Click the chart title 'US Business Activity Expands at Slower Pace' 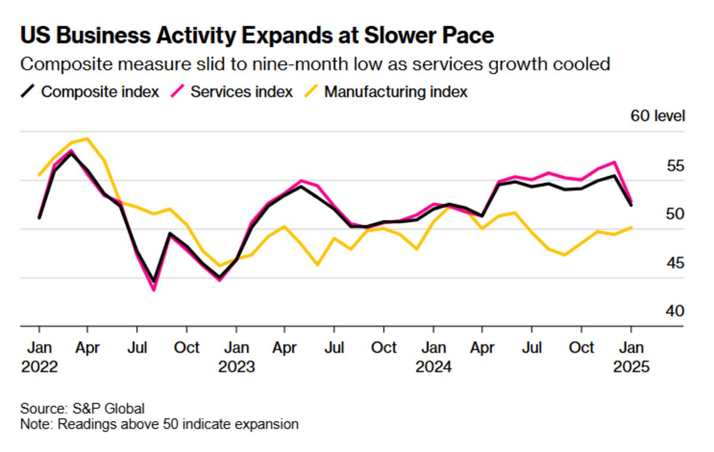pyautogui.click(x=257, y=36)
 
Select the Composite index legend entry pyautogui.click(x=90, y=92)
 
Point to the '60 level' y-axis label pyautogui.click(x=657, y=116)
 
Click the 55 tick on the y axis pyautogui.click(x=674, y=166)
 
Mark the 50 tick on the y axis pyautogui.click(x=674, y=214)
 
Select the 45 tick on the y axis pyautogui.click(x=674, y=263)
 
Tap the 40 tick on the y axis pyautogui.click(x=674, y=311)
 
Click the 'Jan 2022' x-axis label pyautogui.click(x=39, y=356)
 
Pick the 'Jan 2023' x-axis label pyautogui.click(x=236, y=356)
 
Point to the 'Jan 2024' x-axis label pyautogui.click(x=434, y=356)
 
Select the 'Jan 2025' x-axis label pyautogui.click(x=631, y=356)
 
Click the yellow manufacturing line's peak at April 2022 pyautogui.click(x=88, y=139)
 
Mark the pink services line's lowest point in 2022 pyautogui.click(x=154, y=290)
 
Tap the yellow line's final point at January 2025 pyautogui.click(x=631, y=227)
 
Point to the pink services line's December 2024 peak pyautogui.click(x=615, y=162)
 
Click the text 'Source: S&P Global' pyautogui.click(x=83, y=409)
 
